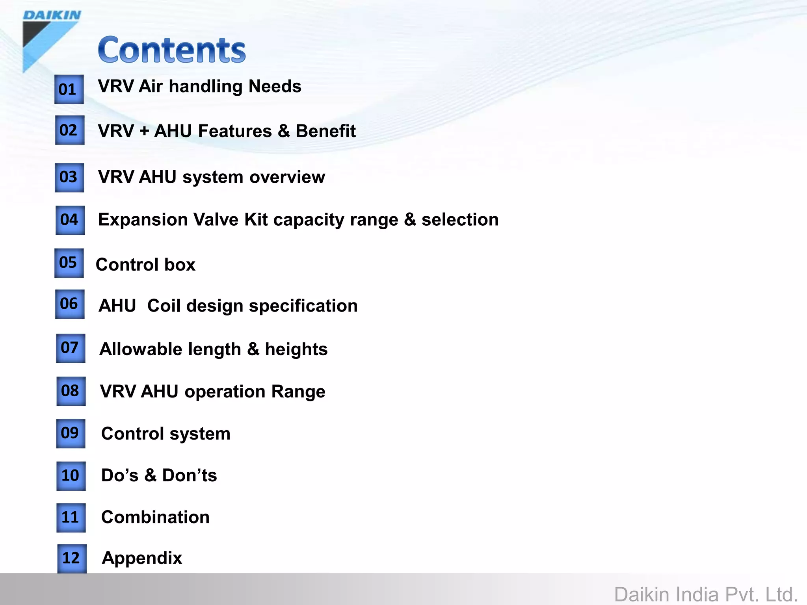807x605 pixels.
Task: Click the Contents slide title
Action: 172,50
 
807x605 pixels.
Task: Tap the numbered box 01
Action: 69,89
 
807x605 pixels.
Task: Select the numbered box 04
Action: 70,220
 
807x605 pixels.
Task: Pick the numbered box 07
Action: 71,348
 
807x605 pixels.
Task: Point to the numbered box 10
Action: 71,476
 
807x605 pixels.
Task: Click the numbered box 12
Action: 72,558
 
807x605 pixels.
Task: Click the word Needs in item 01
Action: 275,86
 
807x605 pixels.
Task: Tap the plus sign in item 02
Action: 144,131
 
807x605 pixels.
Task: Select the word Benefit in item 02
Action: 325,131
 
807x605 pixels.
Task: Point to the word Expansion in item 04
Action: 143,219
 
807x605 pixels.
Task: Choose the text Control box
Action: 145,264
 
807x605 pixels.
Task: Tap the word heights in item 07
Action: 296,349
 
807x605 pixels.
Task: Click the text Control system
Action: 165,434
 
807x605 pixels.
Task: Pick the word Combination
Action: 155,517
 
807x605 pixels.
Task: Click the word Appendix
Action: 142,558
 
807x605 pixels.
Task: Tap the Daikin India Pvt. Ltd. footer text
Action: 706,594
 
